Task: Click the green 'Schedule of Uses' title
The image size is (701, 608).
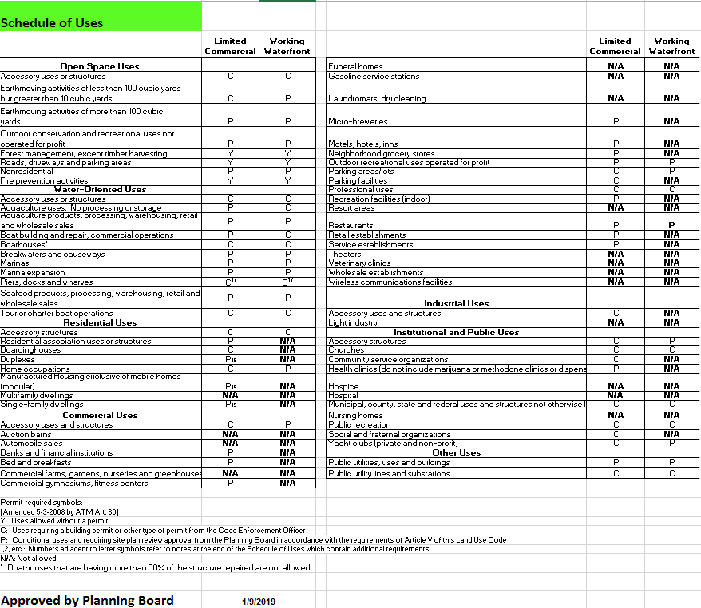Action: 52,22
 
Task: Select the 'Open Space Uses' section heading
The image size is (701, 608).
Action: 100,66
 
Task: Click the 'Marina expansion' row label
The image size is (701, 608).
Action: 33,272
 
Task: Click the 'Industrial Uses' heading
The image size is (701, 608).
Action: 456,303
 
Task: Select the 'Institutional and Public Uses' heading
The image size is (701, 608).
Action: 456,332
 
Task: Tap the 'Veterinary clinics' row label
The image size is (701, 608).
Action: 359,263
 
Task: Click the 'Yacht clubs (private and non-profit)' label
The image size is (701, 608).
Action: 394,443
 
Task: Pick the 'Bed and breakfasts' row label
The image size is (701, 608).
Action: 36,462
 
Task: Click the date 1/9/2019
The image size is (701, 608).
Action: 258,601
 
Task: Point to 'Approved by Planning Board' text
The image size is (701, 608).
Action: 87,600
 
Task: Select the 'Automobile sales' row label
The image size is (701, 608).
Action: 32,443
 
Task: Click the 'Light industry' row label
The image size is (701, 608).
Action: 353,322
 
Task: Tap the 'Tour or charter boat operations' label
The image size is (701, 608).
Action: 57,314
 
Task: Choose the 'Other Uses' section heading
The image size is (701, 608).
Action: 456,452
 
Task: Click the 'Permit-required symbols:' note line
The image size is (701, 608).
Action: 42,502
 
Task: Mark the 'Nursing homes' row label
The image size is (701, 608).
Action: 355,415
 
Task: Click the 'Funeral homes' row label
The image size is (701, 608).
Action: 355,66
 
